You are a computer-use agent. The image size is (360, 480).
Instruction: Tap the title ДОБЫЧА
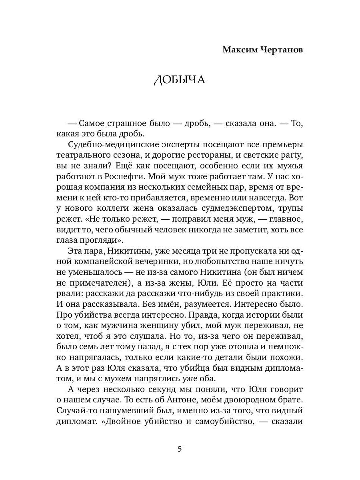pyautogui.click(x=180, y=80)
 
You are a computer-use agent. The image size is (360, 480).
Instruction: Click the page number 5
pyautogui.click(x=180, y=449)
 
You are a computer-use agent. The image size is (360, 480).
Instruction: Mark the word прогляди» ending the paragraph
pyautogui.click(x=97, y=240)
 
